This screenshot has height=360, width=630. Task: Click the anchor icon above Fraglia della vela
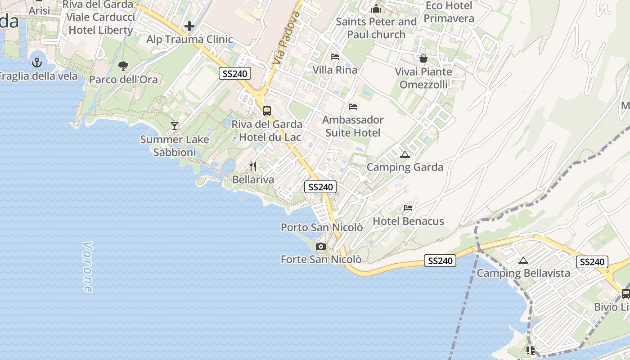tap(37, 63)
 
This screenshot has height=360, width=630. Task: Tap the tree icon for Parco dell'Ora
tap(123, 66)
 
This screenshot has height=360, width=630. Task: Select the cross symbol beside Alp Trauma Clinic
tap(189, 26)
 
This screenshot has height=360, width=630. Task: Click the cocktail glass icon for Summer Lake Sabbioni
tap(175, 126)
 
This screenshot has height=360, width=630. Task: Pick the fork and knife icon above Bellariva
tap(253, 166)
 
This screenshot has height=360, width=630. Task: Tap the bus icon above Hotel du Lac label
tap(267, 111)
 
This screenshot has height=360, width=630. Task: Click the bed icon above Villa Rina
tap(335, 57)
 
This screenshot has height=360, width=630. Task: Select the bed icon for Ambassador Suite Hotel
tap(353, 107)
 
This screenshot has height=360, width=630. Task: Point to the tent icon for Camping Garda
tap(405, 155)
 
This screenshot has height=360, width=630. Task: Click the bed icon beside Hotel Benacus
tap(408, 208)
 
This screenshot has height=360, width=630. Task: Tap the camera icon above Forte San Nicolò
tap(321, 246)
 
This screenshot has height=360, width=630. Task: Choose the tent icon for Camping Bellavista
tap(523, 260)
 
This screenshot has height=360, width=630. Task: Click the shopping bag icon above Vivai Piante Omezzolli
tap(423, 58)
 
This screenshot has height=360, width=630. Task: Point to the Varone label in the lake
tap(87, 267)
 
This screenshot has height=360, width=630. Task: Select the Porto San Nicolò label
tap(322, 227)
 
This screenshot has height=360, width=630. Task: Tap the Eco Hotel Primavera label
tap(449, 12)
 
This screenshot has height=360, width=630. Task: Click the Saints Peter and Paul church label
tap(377, 28)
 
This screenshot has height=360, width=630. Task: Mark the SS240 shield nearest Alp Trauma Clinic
tap(235, 73)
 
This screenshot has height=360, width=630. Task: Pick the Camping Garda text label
tap(405, 167)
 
